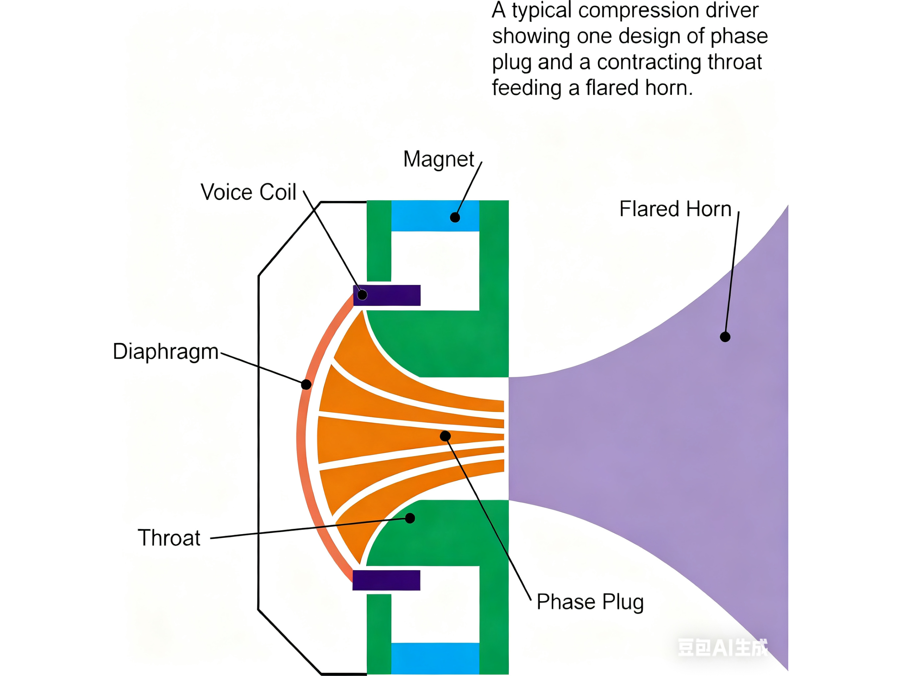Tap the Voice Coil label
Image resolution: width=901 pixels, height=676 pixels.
pyautogui.click(x=248, y=192)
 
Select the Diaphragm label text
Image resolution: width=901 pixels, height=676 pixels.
pyautogui.click(x=165, y=352)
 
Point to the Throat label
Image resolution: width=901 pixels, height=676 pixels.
pyautogui.click(x=169, y=538)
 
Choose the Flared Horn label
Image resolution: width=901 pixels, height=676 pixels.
pyautogui.click(x=675, y=209)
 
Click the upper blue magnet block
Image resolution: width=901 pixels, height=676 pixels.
pyautogui.click(x=435, y=216)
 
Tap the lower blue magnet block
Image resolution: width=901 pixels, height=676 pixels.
pyautogui.click(x=435, y=658)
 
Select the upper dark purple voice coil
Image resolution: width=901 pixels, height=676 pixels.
pyautogui.click(x=386, y=295)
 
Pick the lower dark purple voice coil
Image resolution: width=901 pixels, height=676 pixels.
pyautogui.click(x=386, y=580)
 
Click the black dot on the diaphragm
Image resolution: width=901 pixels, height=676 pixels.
pyautogui.click(x=306, y=384)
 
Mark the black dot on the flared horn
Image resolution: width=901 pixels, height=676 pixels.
pyautogui.click(x=725, y=337)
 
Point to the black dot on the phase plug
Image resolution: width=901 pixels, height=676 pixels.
pyautogui.click(x=445, y=436)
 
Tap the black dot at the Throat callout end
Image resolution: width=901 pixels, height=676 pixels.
pyautogui.click(x=410, y=518)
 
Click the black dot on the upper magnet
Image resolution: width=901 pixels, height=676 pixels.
pyautogui.click(x=455, y=218)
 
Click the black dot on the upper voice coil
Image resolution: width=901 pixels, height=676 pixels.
pyautogui.click(x=362, y=295)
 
